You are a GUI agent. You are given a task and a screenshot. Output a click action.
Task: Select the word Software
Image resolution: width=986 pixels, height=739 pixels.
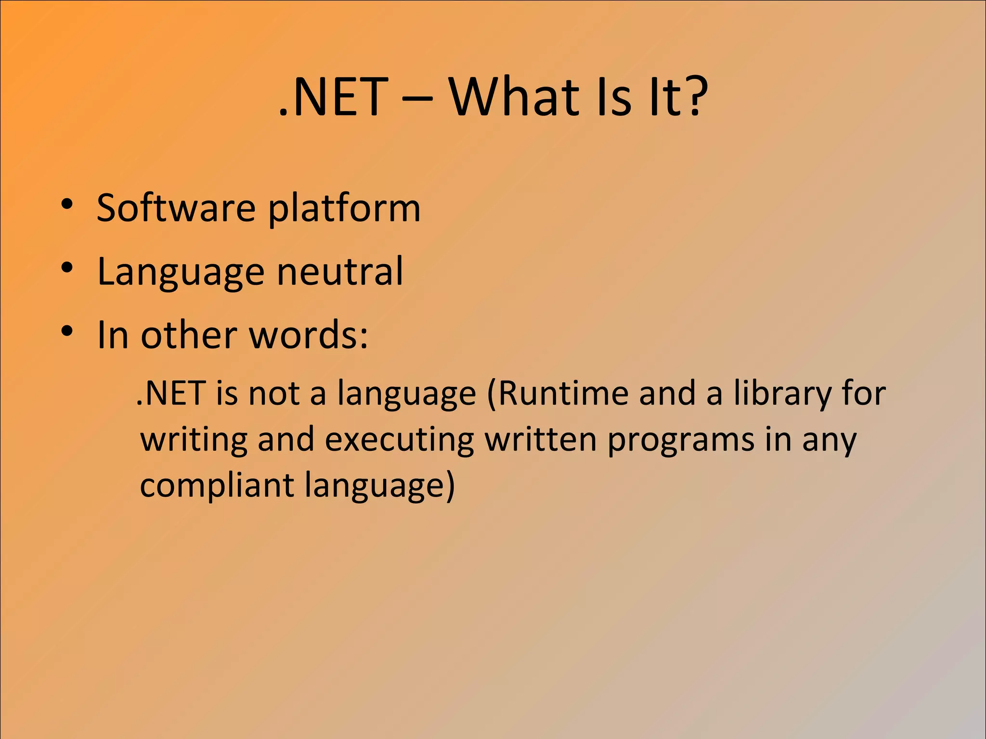pos(176,208)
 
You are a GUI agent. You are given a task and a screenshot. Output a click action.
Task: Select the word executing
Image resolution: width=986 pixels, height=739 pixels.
pos(399,440)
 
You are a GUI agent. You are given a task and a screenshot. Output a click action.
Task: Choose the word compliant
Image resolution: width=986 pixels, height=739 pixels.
pos(217,486)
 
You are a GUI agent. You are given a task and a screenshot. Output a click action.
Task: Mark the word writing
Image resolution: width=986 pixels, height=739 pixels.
pos(194,440)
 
